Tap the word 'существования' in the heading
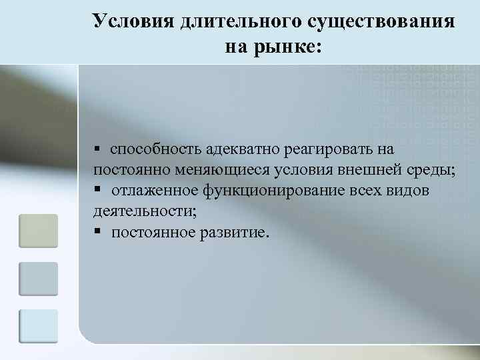click(381, 21)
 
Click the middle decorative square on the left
click(38, 279)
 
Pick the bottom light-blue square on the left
click(38, 326)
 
